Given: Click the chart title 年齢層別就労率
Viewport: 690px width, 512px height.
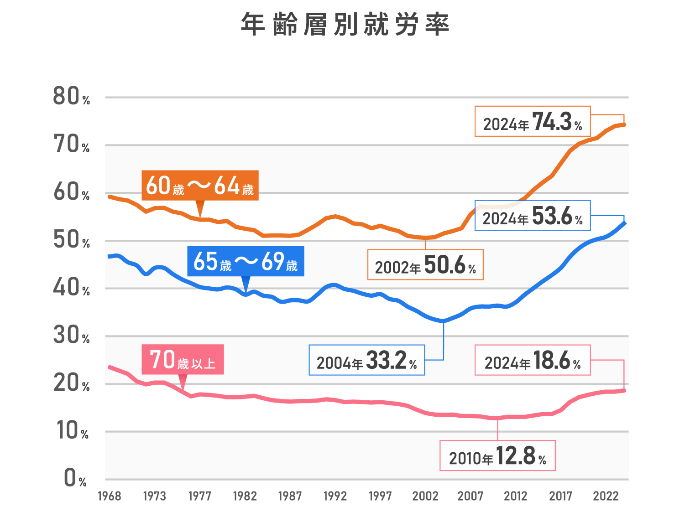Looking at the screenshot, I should [x=345, y=25].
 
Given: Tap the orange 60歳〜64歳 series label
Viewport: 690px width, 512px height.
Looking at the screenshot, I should [x=200, y=186].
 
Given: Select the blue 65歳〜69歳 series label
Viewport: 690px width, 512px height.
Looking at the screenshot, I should [x=246, y=261].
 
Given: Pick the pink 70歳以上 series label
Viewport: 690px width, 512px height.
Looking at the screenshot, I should [x=183, y=359].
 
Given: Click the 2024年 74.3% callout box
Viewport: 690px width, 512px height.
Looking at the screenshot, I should [x=533, y=121].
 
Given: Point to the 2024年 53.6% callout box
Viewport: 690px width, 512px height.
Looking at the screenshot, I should [x=533, y=216].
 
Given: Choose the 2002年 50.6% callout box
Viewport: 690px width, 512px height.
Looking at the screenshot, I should [x=425, y=264].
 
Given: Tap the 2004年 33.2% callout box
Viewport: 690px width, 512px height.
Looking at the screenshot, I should [x=367, y=360].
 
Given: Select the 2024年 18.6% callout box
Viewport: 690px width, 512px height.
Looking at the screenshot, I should [x=533, y=360].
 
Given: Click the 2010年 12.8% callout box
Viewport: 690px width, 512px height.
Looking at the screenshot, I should [x=497, y=455].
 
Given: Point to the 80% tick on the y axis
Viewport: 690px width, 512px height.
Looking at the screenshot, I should [x=71, y=97].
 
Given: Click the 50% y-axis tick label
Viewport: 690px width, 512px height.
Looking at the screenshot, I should [x=71, y=240].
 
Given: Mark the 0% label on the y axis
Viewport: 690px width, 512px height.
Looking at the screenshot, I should [x=75, y=479].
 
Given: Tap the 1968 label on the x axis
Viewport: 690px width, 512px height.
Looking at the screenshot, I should [x=110, y=496].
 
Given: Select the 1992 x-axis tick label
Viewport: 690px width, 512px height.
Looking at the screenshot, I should [x=335, y=496].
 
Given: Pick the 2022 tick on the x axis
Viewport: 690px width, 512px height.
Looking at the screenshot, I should [x=606, y=496].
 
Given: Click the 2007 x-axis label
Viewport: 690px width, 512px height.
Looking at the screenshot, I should [x=470, y=496].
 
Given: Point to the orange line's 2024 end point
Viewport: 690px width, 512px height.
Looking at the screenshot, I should [x=624, y=124].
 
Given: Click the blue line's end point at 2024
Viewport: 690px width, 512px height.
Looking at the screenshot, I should [x=624, y=223].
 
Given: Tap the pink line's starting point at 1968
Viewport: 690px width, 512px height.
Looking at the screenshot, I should [x=110, y=367].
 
